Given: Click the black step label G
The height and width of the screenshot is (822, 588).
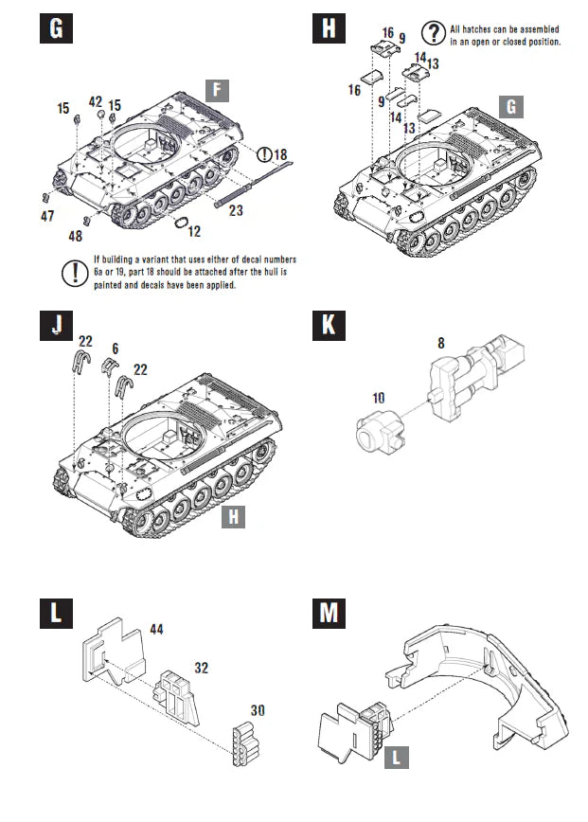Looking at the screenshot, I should [x=56, y=28].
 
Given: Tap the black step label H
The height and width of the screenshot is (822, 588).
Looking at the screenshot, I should [x=328, y=28].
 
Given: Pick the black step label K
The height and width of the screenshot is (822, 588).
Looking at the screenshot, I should [x=328, y=325].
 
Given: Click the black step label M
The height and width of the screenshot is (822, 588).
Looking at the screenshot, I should [x=328, y=613].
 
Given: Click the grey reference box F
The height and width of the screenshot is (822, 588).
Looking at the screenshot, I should [x=217, y=91].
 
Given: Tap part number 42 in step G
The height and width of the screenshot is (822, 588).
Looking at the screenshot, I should [x=96, y=101].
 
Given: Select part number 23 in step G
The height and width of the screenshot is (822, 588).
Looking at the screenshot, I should [x=236, y=210].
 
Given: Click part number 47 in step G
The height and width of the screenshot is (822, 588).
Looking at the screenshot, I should [x=47, y=216].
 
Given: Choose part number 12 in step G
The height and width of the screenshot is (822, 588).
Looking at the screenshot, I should [x=194, y=230].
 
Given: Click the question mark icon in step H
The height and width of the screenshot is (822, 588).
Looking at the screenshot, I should [x=434, y=33].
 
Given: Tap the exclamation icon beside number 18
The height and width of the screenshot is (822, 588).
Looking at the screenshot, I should [x=262, y=153].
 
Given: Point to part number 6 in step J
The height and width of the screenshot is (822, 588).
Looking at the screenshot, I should [x=115, y=348].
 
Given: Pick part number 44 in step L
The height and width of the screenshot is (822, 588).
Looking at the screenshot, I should [x=156, y=629].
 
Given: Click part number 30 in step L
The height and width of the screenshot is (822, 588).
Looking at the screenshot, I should [x=257, y=708].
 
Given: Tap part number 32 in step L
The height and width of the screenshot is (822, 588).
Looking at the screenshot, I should [x=201, y=666].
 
